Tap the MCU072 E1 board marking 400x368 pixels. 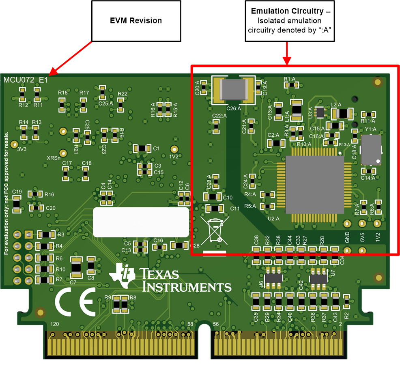point(25,80)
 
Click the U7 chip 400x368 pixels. point(318,279)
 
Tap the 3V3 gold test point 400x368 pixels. point(15,144)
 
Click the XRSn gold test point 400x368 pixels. point(63,131)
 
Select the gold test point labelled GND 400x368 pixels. point(347,224)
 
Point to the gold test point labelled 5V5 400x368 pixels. point(362,224)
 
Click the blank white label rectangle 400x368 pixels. point(141,222)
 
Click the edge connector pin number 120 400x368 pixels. point(54,324)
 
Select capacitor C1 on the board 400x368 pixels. point(142,148)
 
